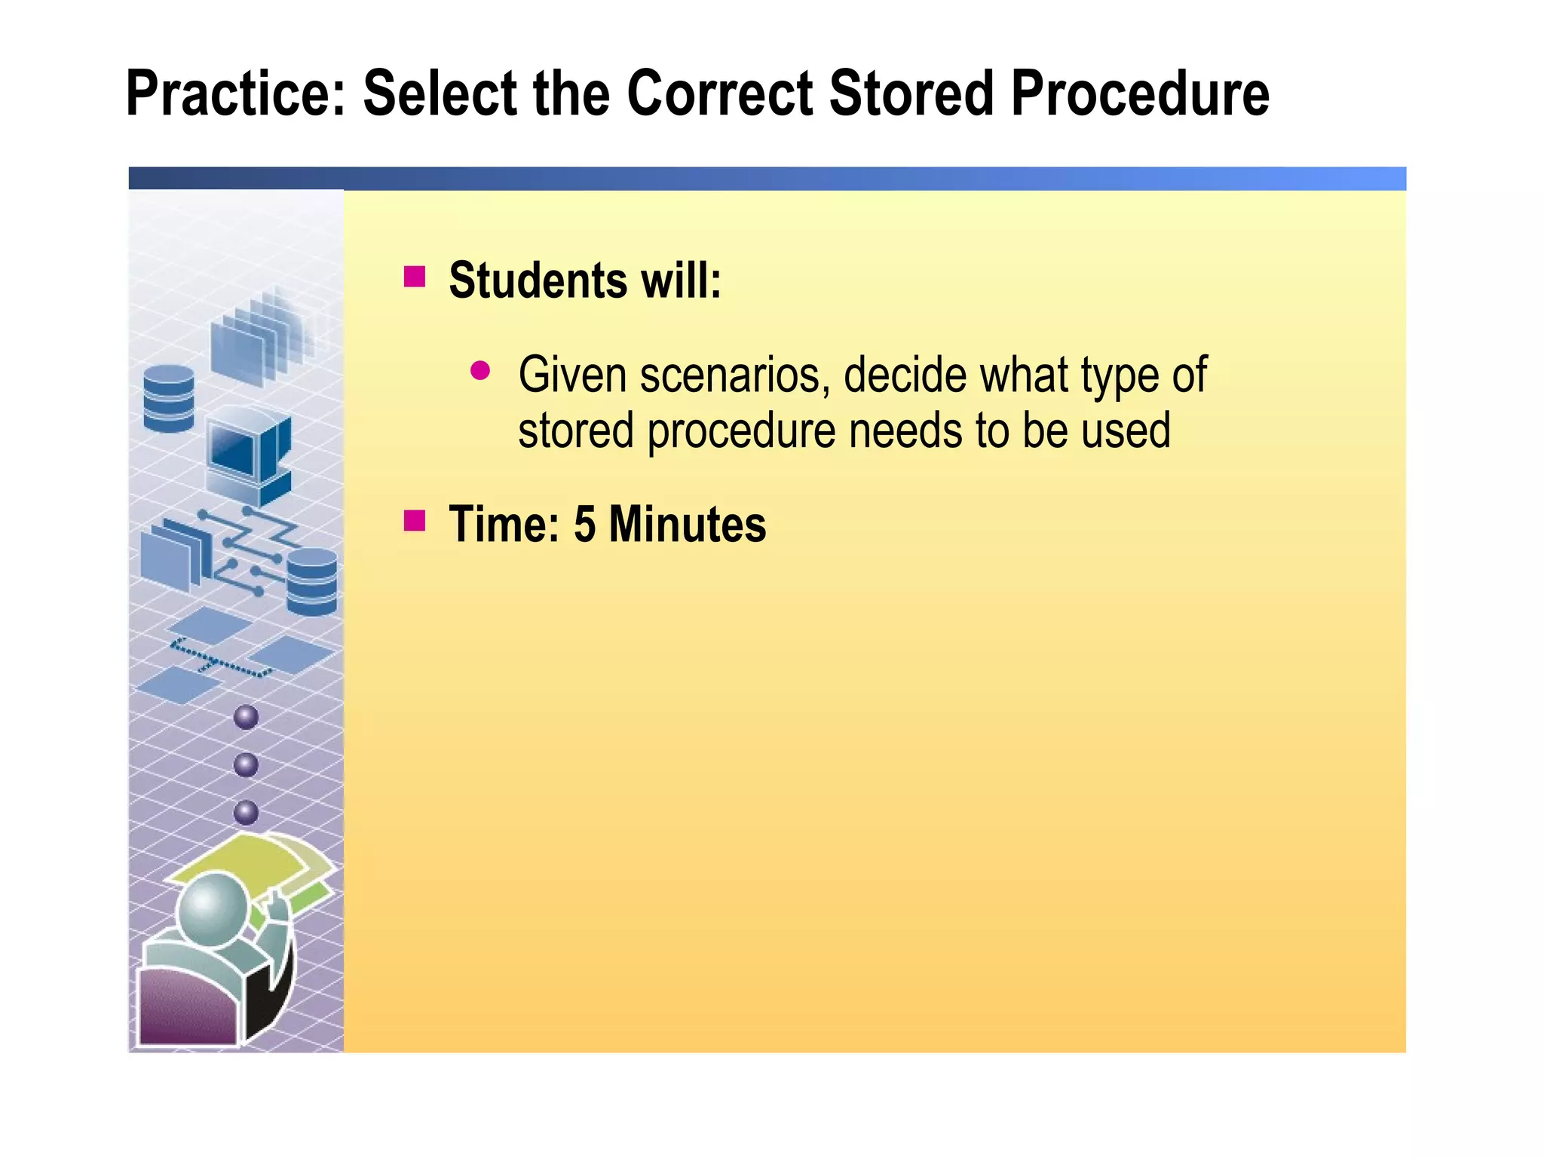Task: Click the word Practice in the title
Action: (234, 94)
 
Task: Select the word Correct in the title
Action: (719, 94)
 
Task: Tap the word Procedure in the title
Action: (1139, 94)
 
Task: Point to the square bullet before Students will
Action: (415, 277)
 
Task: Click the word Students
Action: (538, 280)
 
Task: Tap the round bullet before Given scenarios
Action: (480, 370)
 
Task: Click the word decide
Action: (904, 375)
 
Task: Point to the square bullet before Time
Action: (415, 521)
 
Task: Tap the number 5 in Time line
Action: (584, 524)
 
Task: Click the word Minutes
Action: (687, 524)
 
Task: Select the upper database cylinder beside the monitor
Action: (169, 398)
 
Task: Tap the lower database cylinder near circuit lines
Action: (312, 581)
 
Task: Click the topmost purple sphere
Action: (247, 717)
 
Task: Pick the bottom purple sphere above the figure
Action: (247, 813)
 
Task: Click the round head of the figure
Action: (213, 908)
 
